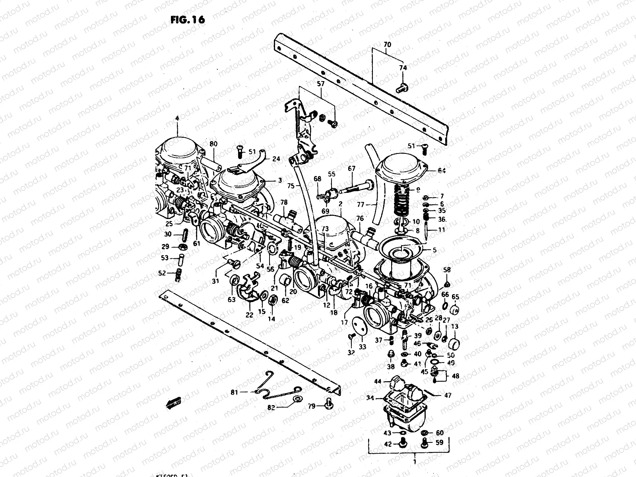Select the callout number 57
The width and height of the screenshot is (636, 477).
(x=320, y=84)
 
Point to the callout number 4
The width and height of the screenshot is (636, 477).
(x=177, y=118)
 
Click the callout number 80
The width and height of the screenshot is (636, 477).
(x=213, y=144)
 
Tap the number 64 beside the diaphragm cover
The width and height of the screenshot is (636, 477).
(x=441, y=171)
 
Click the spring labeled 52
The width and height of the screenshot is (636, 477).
(x=179, y=275)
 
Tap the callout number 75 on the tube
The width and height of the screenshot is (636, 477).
(x=291, y=185)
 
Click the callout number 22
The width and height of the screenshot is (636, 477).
(x=249, y=315)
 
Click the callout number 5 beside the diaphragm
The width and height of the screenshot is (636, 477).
(x=434, y=250)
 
